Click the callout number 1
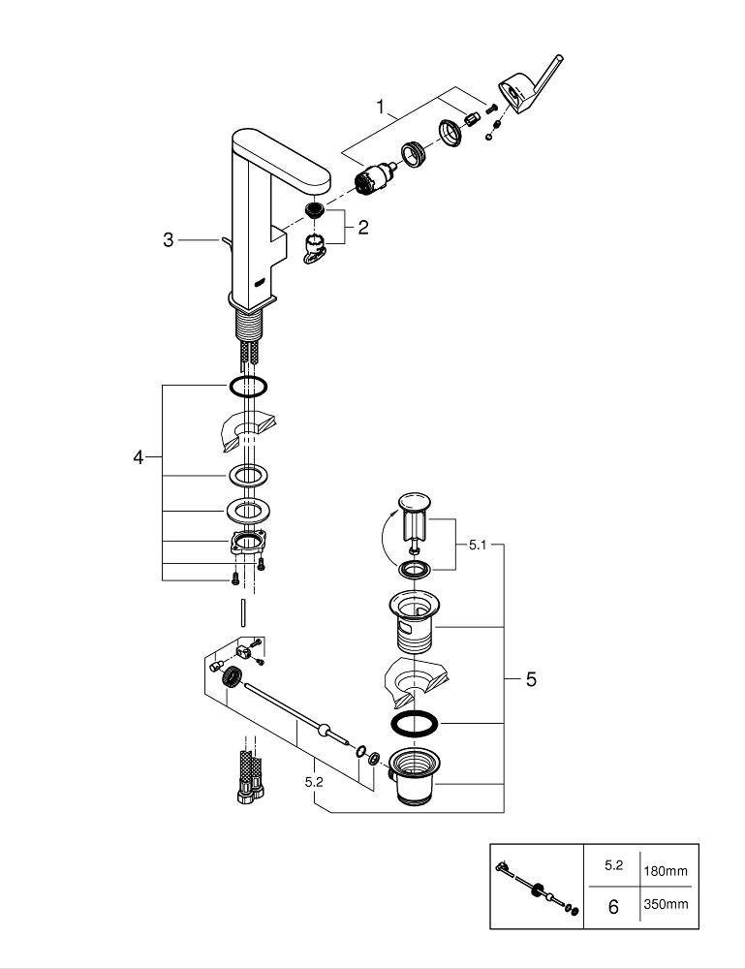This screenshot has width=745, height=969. click(381, 107)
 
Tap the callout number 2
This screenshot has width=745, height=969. click(362, 228)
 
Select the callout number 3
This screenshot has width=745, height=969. click(168, 239)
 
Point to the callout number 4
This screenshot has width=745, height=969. click(138, 457)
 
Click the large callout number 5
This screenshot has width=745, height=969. click(531, 679)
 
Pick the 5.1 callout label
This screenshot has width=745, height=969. click(478, 545)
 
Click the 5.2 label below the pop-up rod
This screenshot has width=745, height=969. click(314, 782)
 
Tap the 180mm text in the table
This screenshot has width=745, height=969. click(666, 871)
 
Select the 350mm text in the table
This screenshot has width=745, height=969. click(666, 904)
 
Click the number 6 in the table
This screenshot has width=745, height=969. click(613, 907)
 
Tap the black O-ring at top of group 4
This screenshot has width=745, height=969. click(248, 387)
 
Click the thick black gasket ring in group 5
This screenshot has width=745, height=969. click(415, 724)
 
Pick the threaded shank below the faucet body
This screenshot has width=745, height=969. click(250, 324)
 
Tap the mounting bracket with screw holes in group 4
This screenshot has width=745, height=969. click(248, 542)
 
